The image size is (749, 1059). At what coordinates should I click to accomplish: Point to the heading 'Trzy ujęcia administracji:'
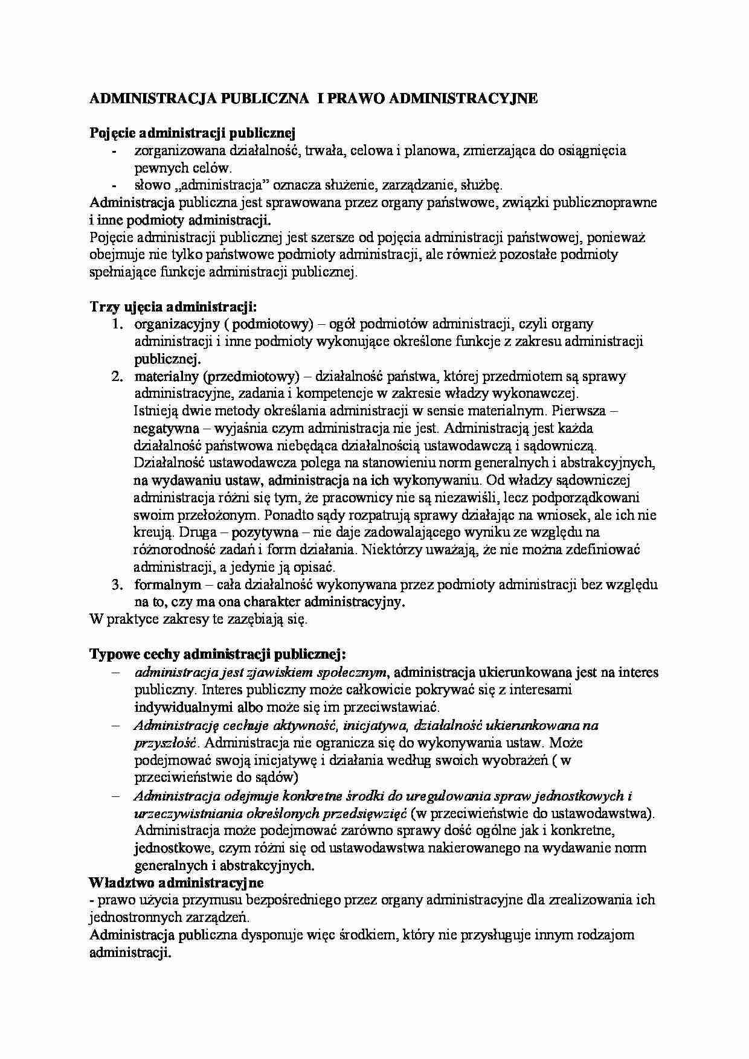click(173, 306)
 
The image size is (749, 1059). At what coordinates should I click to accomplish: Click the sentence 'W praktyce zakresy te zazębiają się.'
click(198, 619)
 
